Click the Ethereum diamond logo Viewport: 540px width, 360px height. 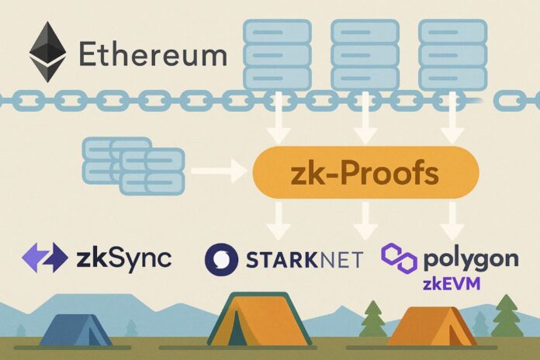tap(47, 52)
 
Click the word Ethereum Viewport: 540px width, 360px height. tap(153, 55)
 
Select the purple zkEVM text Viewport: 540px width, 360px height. tap(451, 284)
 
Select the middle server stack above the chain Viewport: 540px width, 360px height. tap(364, 54)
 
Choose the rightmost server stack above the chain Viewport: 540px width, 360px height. tap(452, 54)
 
